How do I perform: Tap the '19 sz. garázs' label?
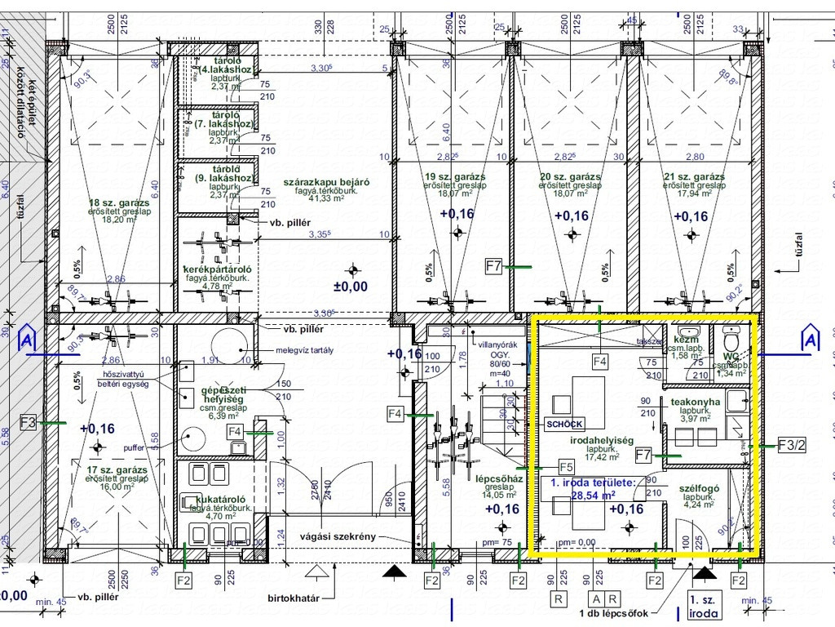click(455, 176)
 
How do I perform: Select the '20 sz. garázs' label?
click(570, 176)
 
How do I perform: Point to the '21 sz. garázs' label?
click(693, 176)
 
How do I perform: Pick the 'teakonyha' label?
click(696, 402)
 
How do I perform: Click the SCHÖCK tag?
click(563, 425)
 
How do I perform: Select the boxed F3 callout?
click(27, 423)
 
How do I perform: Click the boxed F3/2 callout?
click(792, 446)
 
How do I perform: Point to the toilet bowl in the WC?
click(731, 337)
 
